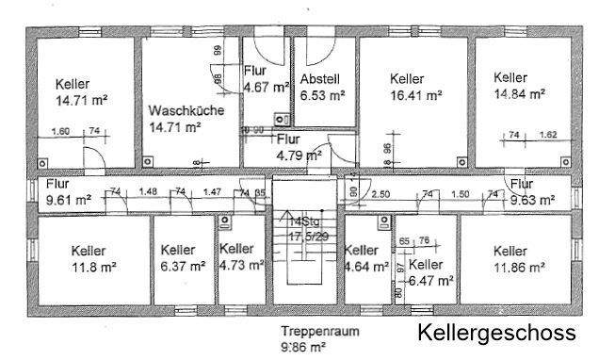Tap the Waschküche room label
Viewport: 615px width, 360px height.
186,110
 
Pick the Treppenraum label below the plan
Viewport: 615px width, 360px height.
319,332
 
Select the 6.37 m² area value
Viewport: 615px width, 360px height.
183,267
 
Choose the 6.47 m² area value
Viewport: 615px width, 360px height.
431,281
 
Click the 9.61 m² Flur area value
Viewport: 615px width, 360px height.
68,200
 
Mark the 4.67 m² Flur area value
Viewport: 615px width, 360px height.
266,88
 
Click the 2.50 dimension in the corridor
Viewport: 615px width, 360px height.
380,193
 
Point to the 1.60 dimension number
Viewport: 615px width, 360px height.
62,132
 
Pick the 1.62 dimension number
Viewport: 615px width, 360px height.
549,135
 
